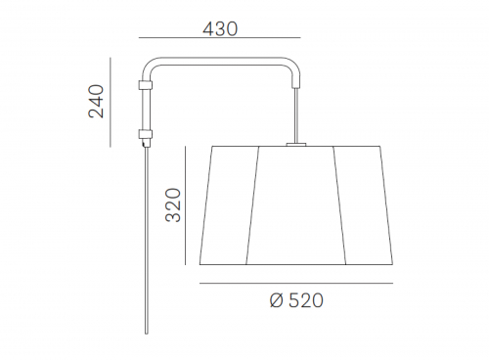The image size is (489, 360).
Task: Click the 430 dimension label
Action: tap(220, 29)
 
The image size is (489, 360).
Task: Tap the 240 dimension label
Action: tap(96, 101)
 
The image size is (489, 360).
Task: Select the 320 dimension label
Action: tap(173, 205)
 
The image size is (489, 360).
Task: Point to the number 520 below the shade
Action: tap(306, 300)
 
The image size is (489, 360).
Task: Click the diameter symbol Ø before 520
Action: tap(277, 300)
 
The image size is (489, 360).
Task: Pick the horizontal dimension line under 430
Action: tap(219, 38)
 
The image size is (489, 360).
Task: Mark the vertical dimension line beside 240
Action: tap(111, 103)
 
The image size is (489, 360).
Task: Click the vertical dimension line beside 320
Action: tap(185, 205)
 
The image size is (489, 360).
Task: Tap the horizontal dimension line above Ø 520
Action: tap(296, 283)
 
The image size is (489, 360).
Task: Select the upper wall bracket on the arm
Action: tap(145, 85)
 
